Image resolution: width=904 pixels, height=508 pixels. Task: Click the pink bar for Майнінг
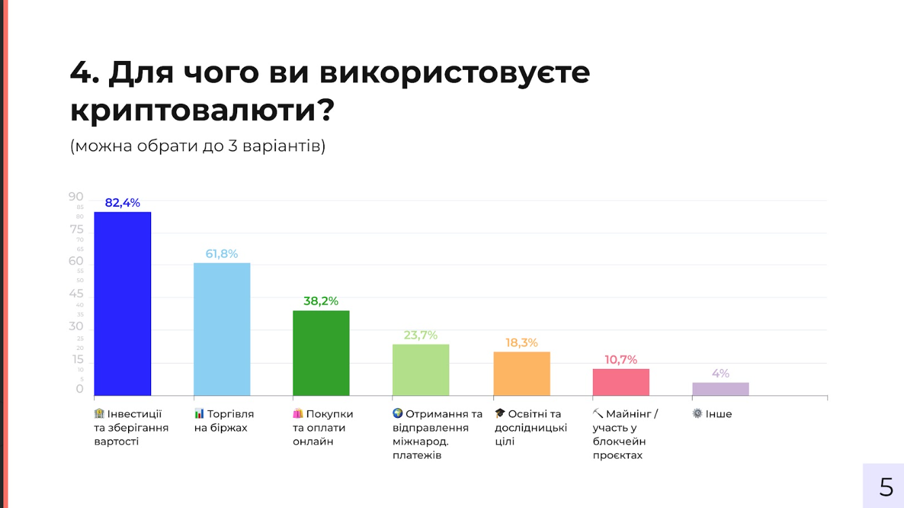(621, 382)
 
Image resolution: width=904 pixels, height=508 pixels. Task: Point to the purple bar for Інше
(720, 389)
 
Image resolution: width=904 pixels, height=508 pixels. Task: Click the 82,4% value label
(123, 203)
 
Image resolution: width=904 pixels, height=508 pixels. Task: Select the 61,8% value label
(222, 254)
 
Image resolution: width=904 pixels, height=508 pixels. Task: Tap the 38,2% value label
(321, 301)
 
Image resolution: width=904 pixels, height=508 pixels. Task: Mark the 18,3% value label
(521, 343)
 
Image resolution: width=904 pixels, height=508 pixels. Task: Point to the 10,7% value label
(621, 359)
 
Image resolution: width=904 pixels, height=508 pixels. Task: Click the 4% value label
(720, 373)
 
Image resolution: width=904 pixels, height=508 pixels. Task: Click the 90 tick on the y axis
(76, 197)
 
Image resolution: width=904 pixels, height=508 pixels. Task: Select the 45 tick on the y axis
(76, 294)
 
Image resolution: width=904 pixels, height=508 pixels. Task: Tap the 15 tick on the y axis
(77, 359)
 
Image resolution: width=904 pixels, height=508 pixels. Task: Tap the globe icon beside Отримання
(398, 413)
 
